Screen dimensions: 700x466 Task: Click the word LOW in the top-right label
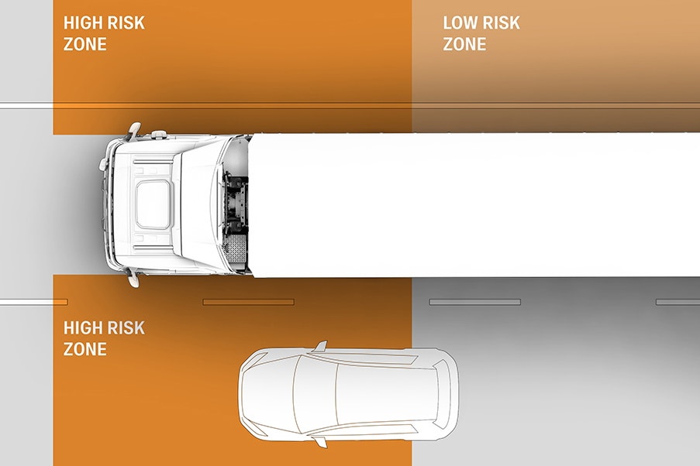(461, 22)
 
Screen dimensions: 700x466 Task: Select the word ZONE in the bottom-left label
(84, 348)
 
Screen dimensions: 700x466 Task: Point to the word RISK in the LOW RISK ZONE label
(502, 22)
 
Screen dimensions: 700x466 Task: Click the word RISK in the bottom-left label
(127, 327)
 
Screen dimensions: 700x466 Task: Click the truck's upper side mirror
(134, 130)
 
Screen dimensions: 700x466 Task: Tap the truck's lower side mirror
(133, 279)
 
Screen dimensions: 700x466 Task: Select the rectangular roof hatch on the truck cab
(153, 204)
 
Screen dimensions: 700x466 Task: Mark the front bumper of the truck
(108, 204)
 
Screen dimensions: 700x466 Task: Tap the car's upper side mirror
(320, 346)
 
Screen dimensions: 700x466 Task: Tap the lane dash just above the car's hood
(248, 303)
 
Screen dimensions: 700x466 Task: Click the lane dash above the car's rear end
(475, 303)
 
